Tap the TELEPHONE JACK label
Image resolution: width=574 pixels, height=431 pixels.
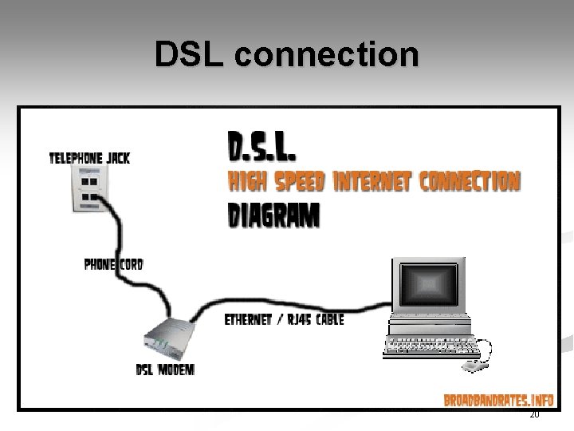pos(89,158)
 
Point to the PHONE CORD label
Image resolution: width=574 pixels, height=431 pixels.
pos(113,263)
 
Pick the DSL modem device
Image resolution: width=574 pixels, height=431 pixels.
pos(170,338)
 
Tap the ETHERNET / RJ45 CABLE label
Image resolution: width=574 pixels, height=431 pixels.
pos(285,319)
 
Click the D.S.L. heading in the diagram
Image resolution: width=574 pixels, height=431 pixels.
pos(264,147)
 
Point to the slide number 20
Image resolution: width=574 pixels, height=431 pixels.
pos(534,416)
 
